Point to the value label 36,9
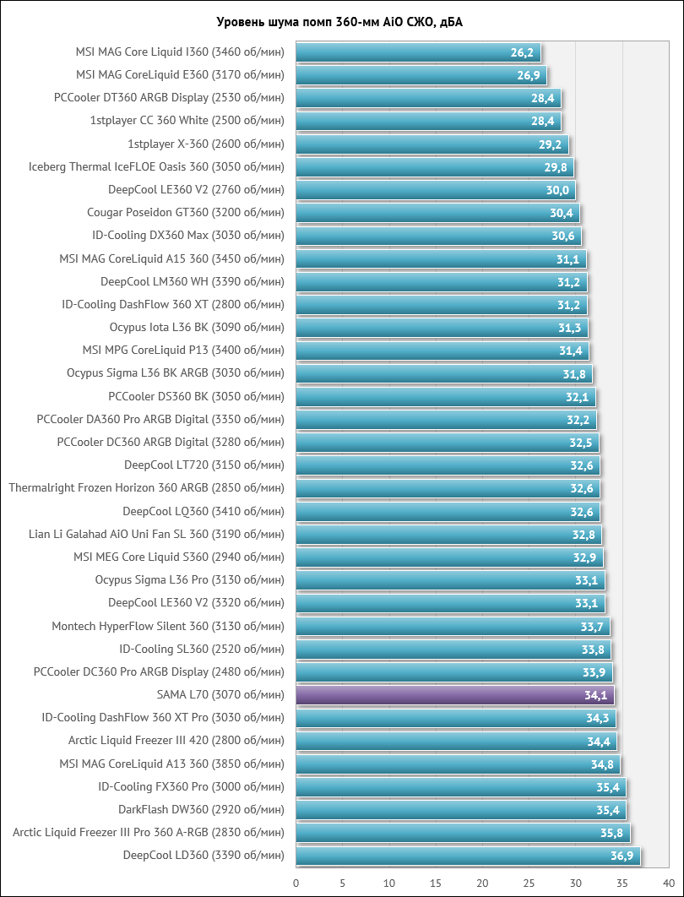click(x=622, y=856)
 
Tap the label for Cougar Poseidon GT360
click(x=186, y=213)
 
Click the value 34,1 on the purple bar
click(x=595, y=695)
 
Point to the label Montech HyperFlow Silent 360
click(x=168, y=626)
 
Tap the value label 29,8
click(x=556, y=167)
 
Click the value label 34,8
click(x=601, y=764)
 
